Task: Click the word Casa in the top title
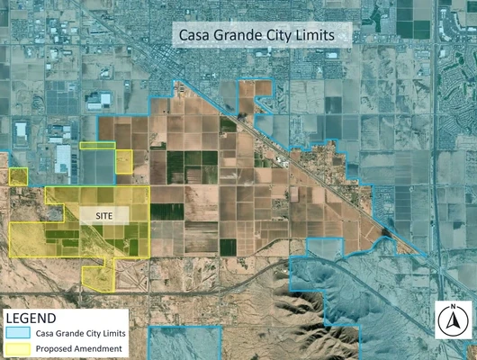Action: click(195, 35)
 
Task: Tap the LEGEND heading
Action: click(31, 317)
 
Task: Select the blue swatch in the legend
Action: click(19, 332)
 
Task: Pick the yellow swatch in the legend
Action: click(19, 347)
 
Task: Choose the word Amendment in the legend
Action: click(99, 347)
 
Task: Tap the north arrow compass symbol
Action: click(454, 318)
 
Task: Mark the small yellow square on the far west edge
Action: click(18, 175)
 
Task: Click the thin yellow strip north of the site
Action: click(97, 145)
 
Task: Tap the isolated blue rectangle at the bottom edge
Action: click(184, 342)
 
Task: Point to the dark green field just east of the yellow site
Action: click(162, 211)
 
